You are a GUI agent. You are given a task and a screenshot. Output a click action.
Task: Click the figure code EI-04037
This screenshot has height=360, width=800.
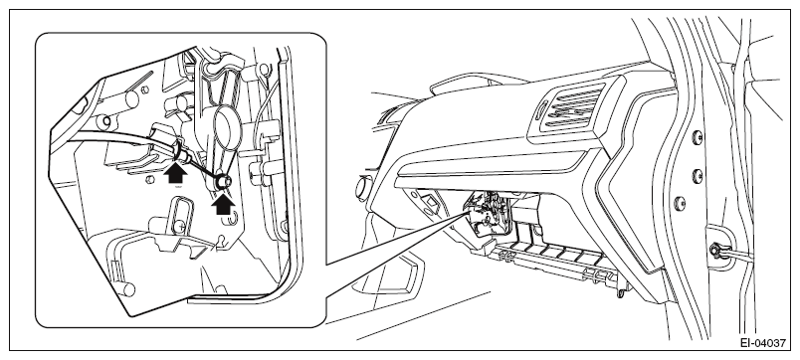tap(763, 343)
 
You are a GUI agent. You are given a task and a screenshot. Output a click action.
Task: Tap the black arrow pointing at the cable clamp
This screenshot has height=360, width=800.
tap(175, 172)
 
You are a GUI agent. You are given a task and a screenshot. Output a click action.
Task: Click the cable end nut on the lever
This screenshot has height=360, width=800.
tap(223, 181)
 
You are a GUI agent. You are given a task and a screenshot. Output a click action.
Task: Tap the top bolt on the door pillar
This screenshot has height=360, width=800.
tap(697, 136)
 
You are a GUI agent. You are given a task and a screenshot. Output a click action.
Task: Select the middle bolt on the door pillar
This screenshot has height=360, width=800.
tap(697, 176)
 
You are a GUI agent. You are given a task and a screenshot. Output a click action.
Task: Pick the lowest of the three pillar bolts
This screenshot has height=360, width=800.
tap(679, 203)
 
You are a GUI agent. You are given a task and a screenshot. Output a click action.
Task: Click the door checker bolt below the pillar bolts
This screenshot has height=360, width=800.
tap(715, 251)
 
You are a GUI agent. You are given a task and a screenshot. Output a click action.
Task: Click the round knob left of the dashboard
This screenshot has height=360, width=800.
tap(362, 188)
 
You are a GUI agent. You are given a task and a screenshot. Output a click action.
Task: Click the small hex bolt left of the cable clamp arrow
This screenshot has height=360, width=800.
tap(149, 180)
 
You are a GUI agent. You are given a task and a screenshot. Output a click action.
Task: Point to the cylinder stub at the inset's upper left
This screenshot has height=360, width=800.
tap(129, 98)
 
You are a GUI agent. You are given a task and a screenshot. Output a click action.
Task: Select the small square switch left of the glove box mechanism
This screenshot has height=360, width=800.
tap(431, 201)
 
